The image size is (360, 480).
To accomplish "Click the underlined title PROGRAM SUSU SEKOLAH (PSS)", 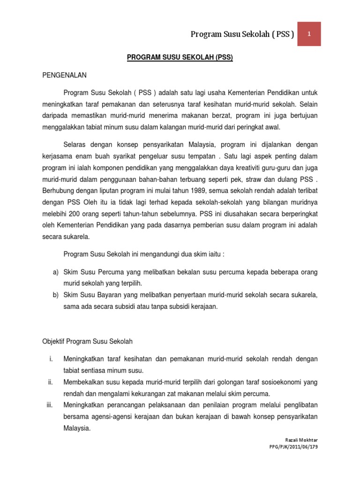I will pos(180,58).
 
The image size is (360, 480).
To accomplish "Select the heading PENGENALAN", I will pos(64,75).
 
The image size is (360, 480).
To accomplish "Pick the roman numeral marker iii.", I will pos(49,404).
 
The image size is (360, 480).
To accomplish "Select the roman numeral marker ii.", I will pos(50,382).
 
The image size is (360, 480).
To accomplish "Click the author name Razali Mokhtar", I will pos(301,439).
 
